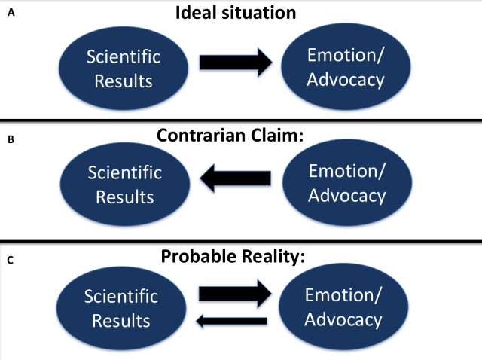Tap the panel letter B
10,139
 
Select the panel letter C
10,261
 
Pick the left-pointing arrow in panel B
235,178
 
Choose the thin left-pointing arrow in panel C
232,321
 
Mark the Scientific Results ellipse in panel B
124,185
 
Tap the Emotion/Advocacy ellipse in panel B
346,183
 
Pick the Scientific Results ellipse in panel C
121,308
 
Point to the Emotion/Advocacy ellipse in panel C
343,307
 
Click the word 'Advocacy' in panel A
346,79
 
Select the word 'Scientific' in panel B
124,172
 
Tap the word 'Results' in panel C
121,321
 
